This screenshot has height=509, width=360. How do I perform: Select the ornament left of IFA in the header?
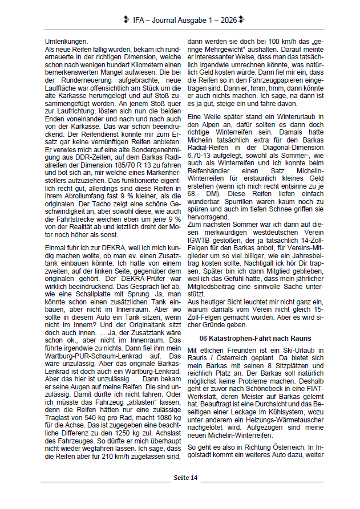pyautogui.click(x=126, y=20)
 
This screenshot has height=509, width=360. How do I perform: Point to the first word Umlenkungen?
pyautogui.click(x=66, y=42)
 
